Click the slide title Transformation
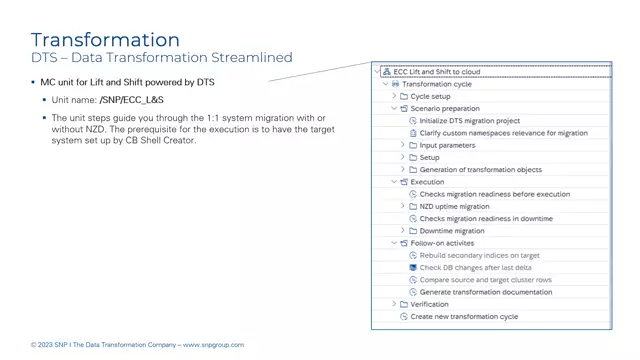(x=105, y=40)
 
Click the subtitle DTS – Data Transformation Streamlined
(x=161, y=59)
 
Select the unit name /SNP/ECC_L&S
(x=132, y=100)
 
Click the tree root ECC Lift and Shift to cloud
(x=436, y=72)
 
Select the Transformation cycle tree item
(x=436, y=84)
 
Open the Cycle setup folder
(x=430, y=96)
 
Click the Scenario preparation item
(x=445, y=108)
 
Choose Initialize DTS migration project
(x=469, y=121)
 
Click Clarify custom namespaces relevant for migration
(x=503, y=133)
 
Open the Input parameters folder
(x=447, y=145)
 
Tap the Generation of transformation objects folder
(x=480, y=170)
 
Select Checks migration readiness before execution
(x=494, y=194)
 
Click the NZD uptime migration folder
(x=454, y=206)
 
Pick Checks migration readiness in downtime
(x=485, y=218)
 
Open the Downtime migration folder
(x=451, y=231)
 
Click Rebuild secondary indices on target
(x=479, y=255)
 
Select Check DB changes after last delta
(x=475, y=268)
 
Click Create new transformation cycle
(x=464, y=316)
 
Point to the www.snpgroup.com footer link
(x=213, y=345)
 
